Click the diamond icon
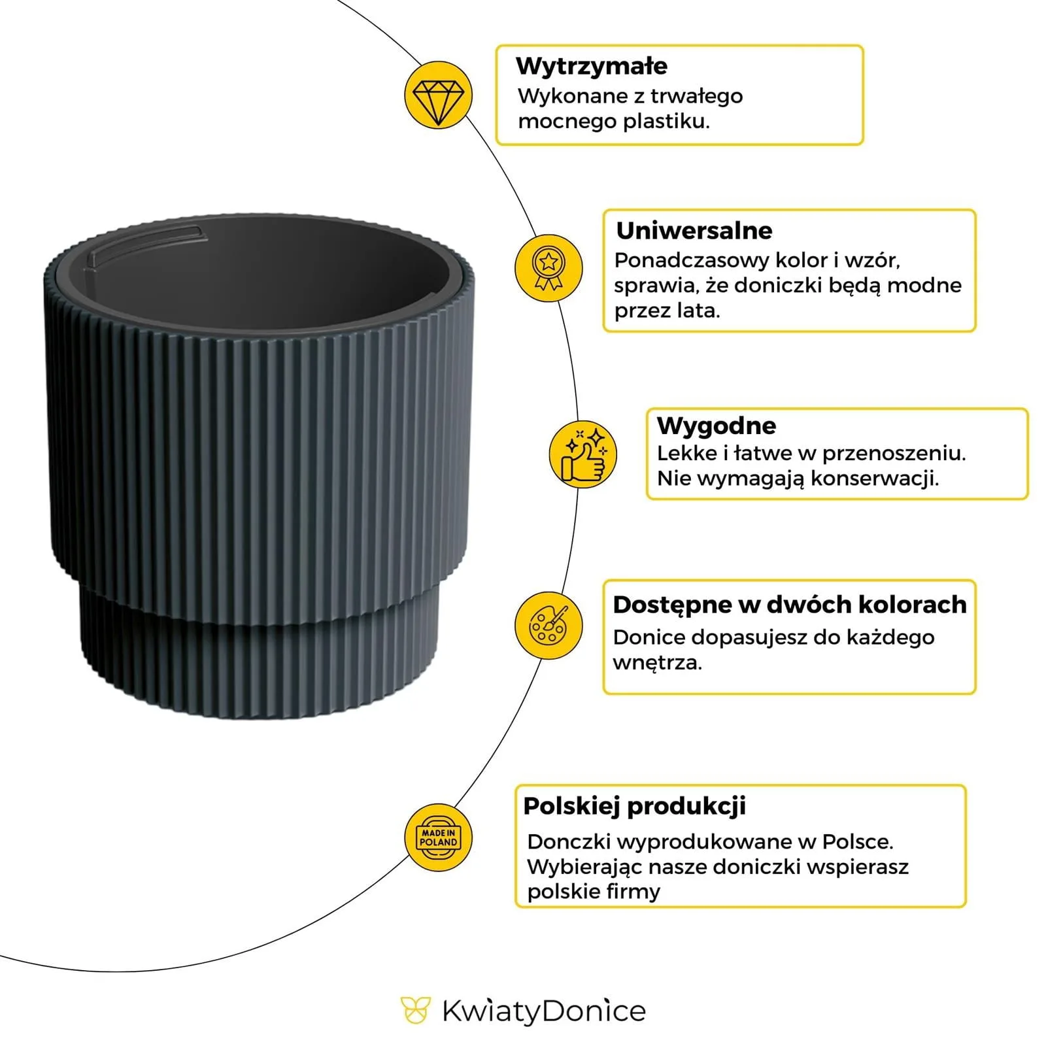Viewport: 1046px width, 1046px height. click(x=437, y=95)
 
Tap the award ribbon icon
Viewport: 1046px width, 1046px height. click(x=548, y=268)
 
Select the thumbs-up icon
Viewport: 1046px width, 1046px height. click(x=582, y=454)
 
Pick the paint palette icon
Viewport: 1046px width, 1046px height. click(x=548, y=626)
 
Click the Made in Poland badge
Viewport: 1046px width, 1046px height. click(x=438, y=837)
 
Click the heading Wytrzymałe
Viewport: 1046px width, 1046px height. click(x=591, y=66)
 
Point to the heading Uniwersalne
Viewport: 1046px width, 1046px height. click(x=694, y=231)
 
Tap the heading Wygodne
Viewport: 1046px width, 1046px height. click(x=717, y=426)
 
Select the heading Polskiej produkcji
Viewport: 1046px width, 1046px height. click(x=634, y=806)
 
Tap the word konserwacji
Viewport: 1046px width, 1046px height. click(x=874, y=479)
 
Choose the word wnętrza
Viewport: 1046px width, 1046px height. click(x=656, y=663)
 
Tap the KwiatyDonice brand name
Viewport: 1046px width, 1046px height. click(x=543, y=1011)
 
